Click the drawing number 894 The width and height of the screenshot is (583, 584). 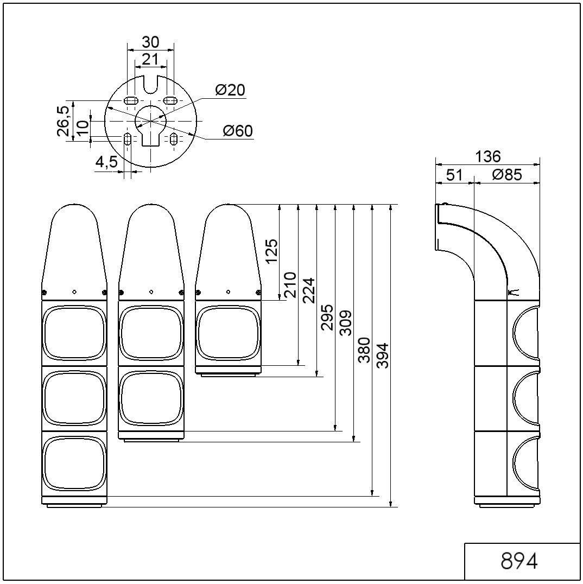(x=518, y=561)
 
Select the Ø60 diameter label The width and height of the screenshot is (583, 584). (x=238, y=131)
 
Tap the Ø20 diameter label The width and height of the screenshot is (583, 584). (x=230, y=90)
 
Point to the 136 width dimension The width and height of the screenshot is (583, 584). (x=487, y=156)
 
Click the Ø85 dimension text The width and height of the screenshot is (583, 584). (x=507, y=175)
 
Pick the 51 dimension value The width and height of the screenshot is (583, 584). (x=454, y=175)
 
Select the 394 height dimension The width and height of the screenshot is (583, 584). (x=383, y=356)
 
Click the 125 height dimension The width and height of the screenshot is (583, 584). (x=271, y=251)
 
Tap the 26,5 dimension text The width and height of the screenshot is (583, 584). (x=63, y=122)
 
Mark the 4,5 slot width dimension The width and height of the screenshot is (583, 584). (x=106, y=162)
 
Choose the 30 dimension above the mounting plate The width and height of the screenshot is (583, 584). (x=150, y=42)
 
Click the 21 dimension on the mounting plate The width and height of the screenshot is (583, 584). (x=150, y=59)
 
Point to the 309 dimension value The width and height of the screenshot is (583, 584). (x=346, y=322)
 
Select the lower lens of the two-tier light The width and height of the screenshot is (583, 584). (x=151, y=398)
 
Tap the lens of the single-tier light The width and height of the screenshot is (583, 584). (x=228, y=333)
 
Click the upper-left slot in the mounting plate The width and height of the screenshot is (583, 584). (x=130, y=100)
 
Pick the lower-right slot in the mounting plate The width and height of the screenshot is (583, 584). (x=173, y=139)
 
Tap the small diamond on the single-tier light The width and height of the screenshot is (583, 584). (x=228, y=291)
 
